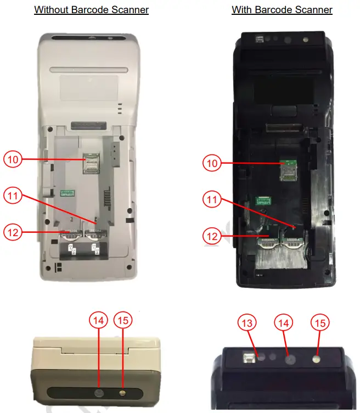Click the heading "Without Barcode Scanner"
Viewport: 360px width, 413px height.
[91, 10]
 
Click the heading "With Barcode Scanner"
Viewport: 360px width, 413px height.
[282, 10]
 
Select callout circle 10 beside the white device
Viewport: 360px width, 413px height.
[13, 159]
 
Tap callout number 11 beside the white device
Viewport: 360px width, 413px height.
[13, 195]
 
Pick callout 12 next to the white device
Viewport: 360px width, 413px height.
[13, 232]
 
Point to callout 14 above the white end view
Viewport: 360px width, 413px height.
[99, 321]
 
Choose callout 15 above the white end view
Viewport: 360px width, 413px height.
[123, 321]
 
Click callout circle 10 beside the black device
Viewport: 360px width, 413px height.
[212, 163]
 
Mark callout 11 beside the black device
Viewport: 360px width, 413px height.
[212, 200]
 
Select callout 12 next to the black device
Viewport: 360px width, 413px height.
[212, 237]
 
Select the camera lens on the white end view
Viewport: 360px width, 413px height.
[99, 393]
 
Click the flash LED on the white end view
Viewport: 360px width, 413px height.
[122, 393]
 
